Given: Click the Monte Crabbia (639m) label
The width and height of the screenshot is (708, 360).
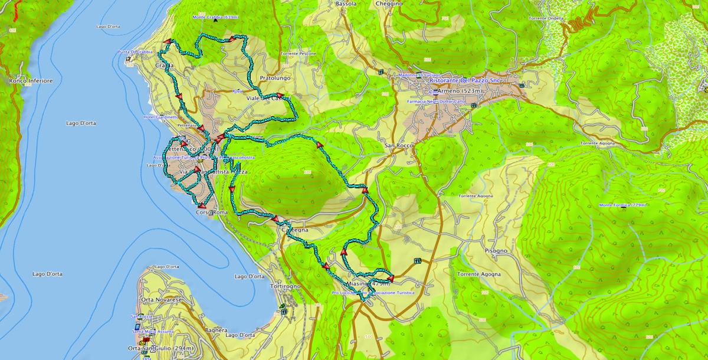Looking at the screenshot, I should (x=215, y=17).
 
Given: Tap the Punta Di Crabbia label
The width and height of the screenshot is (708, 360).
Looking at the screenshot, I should (x=136, y=52).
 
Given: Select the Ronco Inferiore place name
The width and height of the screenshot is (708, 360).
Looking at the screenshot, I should (x=31, y=80).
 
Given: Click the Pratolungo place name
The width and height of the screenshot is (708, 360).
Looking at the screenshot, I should (x=275, y=77).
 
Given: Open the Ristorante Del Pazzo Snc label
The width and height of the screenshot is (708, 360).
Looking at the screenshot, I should (x=465, y=80).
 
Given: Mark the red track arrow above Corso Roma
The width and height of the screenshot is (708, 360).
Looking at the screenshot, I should (x=201, y=204).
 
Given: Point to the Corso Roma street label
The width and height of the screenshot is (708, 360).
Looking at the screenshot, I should (x=211, y=212).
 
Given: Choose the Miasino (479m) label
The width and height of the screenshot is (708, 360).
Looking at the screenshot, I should (x=365, y=284).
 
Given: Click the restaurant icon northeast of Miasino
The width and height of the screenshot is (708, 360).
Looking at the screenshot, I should (x=418, y=261).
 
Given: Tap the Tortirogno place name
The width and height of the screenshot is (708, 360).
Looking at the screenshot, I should (x=285, y=286).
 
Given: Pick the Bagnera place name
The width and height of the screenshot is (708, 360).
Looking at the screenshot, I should (x=216, y=330).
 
